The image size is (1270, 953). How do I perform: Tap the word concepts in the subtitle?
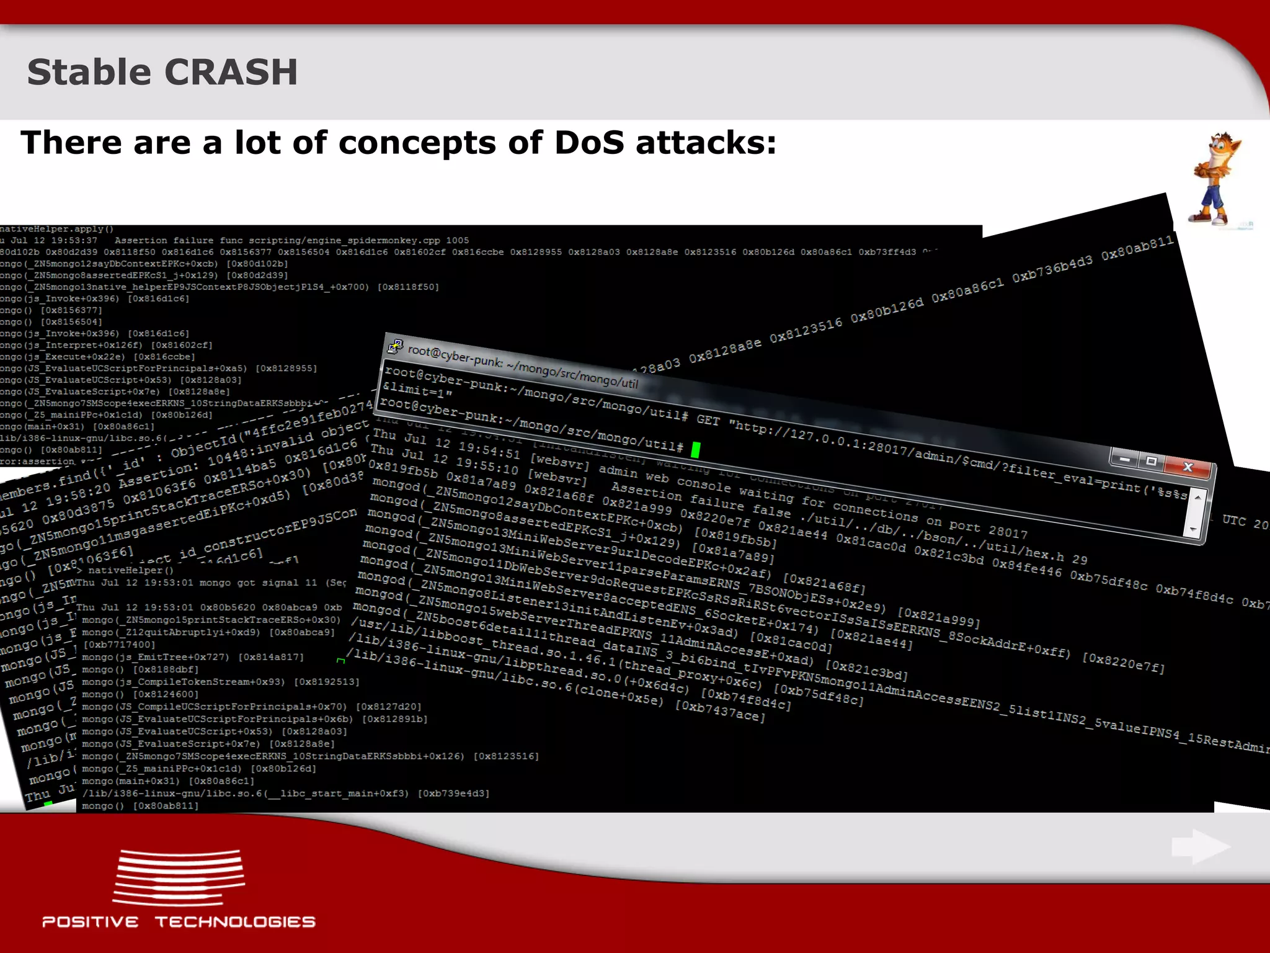417,144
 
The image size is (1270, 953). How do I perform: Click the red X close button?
1187,467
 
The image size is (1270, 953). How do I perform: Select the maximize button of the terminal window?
1151,461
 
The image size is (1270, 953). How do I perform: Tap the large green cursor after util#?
695,450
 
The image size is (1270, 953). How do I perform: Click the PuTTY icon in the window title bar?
395,346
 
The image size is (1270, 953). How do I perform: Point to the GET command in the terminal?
708,420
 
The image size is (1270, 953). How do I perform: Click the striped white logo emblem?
179,877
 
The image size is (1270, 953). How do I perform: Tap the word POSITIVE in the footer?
91,922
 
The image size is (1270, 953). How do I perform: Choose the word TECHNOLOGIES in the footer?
235,922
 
